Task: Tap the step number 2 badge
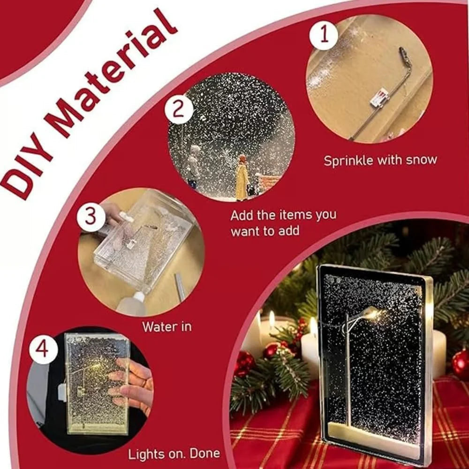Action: tap(179, 110)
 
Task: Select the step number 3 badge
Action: tap(91, 217)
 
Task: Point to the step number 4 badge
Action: tap(43, 349)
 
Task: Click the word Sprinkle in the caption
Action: tap(348, 161)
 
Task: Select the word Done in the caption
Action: tap(205, 453)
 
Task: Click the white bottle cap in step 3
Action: tap(138, 296)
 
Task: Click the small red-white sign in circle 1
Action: tap(379, 98)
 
